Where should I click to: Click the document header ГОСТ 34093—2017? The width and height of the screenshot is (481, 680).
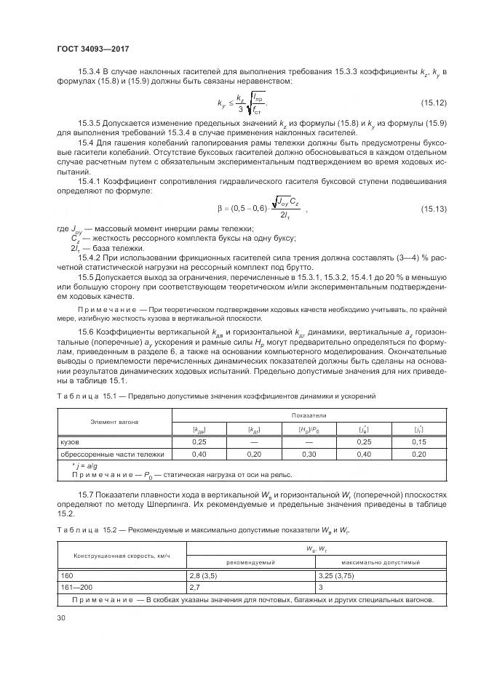(x=88, y=48)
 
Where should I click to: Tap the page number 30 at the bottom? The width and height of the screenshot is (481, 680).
(x=61, y=618)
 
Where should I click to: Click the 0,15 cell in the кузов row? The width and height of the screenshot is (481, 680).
(x=418, y=441)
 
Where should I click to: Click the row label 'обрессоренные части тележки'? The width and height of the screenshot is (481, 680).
(x=111, y=454)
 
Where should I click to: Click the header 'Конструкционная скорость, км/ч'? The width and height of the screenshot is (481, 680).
(x=121, y=556)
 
